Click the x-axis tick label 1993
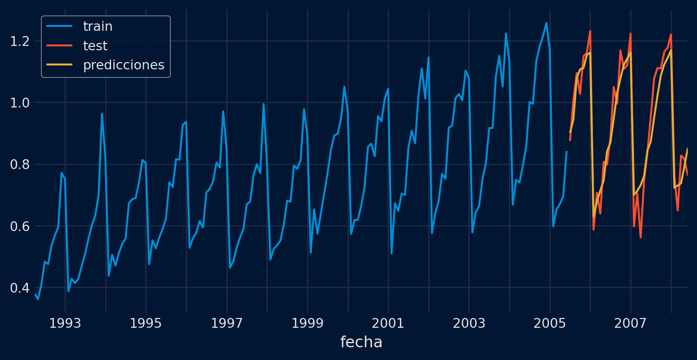(65, 323)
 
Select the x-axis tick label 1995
(146, 323)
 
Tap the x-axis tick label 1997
(227, 323)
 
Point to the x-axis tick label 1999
(307, 323)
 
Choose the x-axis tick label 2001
(388, 323)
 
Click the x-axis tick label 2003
(469, 323)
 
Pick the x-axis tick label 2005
(550, 323)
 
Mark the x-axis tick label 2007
(631, 323)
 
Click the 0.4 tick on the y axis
(20, 288)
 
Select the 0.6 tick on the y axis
(20, 226)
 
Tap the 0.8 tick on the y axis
(20, 165)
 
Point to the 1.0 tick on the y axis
(20, 103)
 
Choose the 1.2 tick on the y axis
(20, 41)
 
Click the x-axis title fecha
(361, 342)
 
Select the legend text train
(98, 27)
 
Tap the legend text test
(95, 46)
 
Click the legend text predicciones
(124, 65)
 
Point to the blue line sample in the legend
(59, 27)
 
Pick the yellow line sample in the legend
(59, 65)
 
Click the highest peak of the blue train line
(546, 23)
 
